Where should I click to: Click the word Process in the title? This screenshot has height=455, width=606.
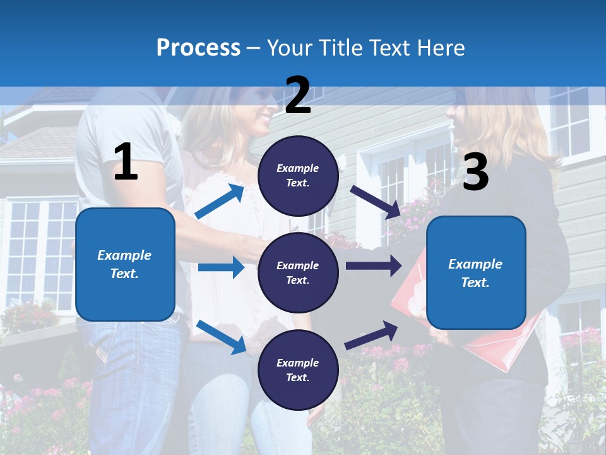(198, 47)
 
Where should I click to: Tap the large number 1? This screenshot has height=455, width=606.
(126, 162)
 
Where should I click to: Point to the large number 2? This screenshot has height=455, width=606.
(298, 95)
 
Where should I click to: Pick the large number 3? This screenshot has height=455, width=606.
(475, 172)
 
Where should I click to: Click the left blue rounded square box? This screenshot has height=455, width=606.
(125, 264)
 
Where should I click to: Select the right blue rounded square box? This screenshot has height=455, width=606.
(476, 272)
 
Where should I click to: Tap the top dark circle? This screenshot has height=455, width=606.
(298, 176)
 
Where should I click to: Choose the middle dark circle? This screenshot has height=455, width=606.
(298, 272)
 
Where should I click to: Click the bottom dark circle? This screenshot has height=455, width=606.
(298, 370)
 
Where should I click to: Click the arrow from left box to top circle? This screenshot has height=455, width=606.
(220, 202)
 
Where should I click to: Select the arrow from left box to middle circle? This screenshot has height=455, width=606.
(221, 267)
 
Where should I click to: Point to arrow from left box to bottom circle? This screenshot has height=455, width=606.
(221, 337)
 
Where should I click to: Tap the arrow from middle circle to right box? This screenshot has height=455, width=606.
(373, 266)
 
